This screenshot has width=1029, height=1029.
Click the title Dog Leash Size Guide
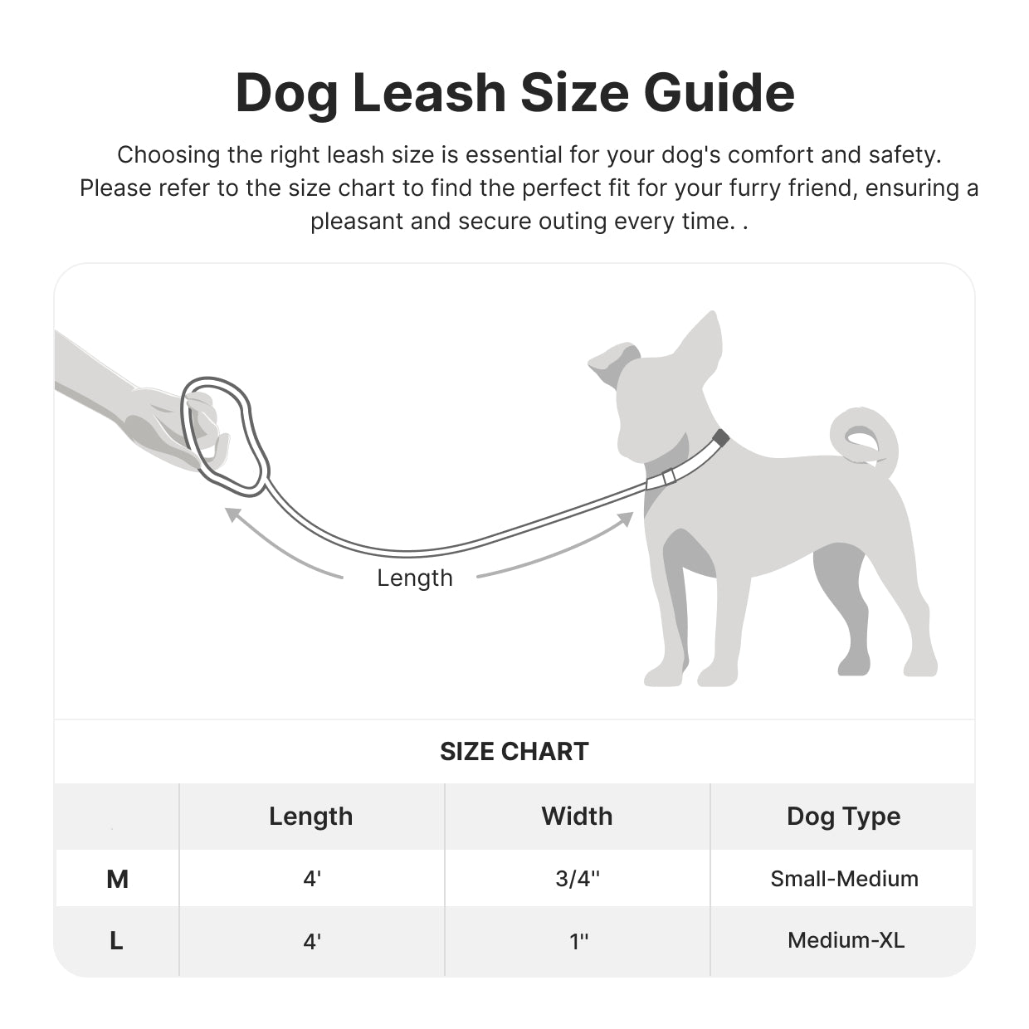(514, 93)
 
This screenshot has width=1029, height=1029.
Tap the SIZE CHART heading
(514, 752)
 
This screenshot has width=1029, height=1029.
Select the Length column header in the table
(311, 817)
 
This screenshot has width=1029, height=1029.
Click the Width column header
(577, 817)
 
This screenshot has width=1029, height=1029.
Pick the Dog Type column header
(843, 817)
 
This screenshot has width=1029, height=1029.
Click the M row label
(117, 879)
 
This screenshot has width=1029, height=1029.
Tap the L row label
(116, 941)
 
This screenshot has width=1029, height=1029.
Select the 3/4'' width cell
(578, 879)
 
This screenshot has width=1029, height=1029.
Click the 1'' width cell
(578, 941)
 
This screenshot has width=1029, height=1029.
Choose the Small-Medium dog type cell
(844, 879)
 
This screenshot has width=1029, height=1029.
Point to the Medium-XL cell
(846, 941)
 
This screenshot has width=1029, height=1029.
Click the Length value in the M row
(312, 879)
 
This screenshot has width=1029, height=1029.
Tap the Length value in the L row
(312, 941)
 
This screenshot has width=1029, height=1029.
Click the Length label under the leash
(415, 578)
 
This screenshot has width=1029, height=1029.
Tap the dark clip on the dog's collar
(720, 437)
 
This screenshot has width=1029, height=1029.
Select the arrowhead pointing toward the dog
(626, 519)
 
